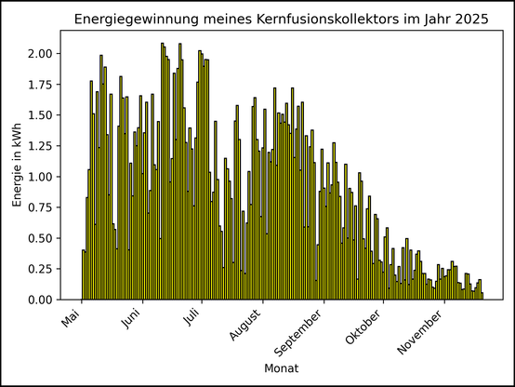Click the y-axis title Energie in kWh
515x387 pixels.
pyautogui.click(x=18, y=166)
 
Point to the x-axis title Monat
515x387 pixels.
pyautogui.click(x=281, y=369)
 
